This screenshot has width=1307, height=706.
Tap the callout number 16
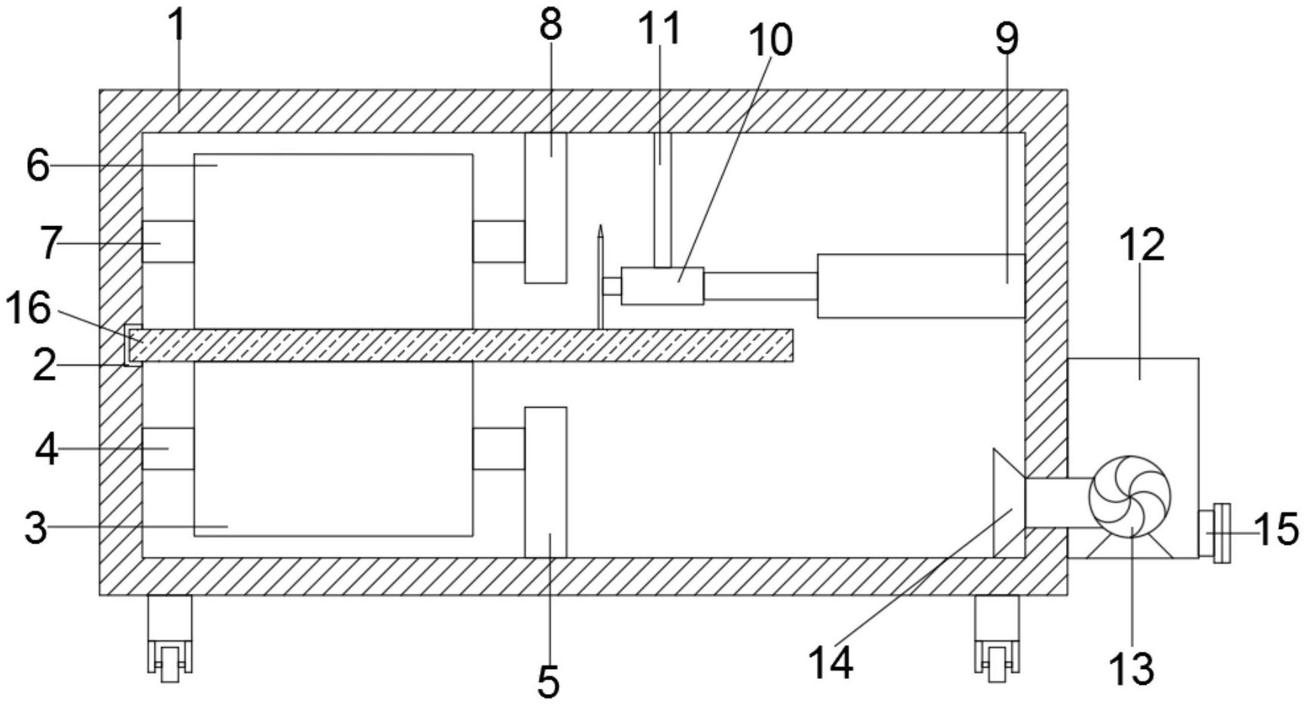pos(28,308)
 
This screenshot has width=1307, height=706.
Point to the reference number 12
pos(1142,245)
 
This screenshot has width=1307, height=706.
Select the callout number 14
pos(831,663)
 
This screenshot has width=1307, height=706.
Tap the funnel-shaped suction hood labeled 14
pos(1009,503)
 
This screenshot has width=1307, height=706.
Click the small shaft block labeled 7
pos(168,242)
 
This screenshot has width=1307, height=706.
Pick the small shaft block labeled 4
pos(168,448)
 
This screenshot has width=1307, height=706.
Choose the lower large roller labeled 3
pos(334,449)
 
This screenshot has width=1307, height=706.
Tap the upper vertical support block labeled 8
pos(545,208)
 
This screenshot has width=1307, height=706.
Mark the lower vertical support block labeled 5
pos(545,482)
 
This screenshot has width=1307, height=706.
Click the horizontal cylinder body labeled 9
pos(921,286)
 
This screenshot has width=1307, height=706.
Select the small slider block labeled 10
pos(663,286)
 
